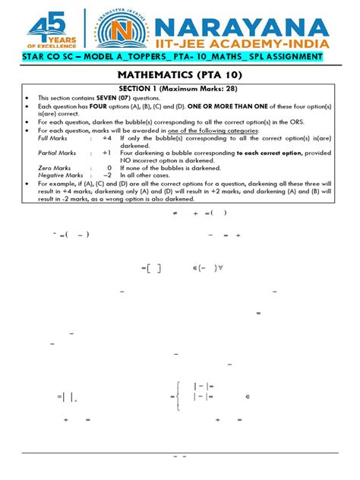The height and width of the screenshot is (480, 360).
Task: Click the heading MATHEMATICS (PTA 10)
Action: click(x=179, y=76)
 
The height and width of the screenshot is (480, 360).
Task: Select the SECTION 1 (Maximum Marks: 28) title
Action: click(x=180, y=90)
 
